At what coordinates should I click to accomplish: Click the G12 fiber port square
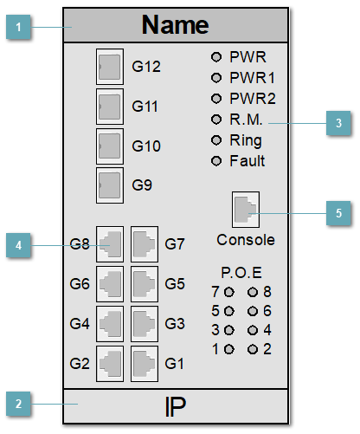pos(109,66)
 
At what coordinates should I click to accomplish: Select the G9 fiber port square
pos(109,184)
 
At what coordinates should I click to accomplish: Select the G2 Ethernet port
pos(109,362)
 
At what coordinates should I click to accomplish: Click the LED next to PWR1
pos(217,78)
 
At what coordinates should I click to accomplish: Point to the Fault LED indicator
pos(217,161)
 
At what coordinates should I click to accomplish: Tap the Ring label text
pos(246,140)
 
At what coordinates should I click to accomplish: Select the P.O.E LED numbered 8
pos(253,292)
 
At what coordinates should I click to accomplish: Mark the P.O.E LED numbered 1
pos(229,349)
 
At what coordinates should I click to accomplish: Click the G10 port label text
pos(146,146)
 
